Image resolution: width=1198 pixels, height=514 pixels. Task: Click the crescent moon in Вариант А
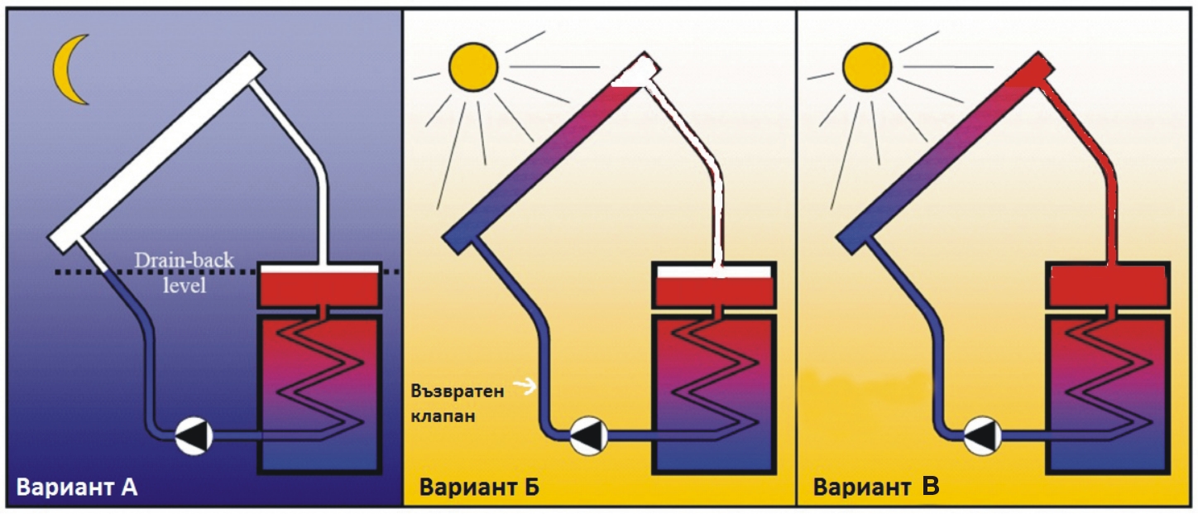point(68,70)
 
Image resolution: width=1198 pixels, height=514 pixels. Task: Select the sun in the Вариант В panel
point(866,66)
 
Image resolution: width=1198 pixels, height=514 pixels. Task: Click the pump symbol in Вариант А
point(194,435)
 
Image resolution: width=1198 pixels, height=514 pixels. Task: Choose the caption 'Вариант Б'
point(479,488)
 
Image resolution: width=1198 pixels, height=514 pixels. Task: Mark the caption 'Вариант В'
point(875,488)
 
